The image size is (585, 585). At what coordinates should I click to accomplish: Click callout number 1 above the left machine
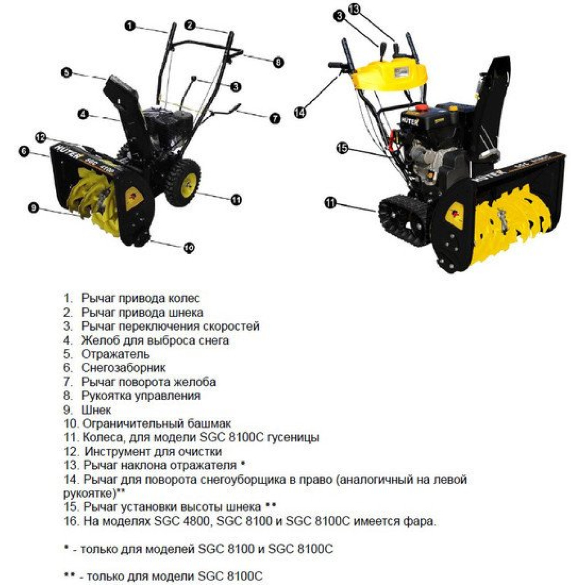tap(130, 26)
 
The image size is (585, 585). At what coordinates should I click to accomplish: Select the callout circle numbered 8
tap(278, 62)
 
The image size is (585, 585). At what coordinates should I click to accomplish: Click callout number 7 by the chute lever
tap(274, 118)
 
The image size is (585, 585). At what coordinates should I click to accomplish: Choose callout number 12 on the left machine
tap(41, 137)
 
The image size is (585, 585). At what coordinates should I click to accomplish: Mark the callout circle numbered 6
tap(24, 151)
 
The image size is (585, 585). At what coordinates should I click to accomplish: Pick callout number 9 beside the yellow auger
tap(33, 207)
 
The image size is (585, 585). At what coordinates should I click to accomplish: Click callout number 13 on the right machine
tap(355, 10)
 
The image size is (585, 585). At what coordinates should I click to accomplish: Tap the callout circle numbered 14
tap(300, 112)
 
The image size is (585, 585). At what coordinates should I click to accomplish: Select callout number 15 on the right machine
tap(343, 148)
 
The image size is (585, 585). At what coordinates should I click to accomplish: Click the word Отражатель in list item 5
tap(115, 354)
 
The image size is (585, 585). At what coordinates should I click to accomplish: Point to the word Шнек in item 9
tap(96, 410)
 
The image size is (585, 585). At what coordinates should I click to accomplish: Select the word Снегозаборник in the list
tap(123, 368)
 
